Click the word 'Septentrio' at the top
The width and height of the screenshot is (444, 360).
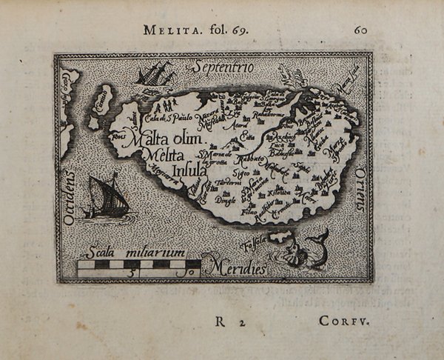[223, 68]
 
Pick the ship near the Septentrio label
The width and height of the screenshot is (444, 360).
[155, 74]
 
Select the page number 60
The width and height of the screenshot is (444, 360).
[360, 30]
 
